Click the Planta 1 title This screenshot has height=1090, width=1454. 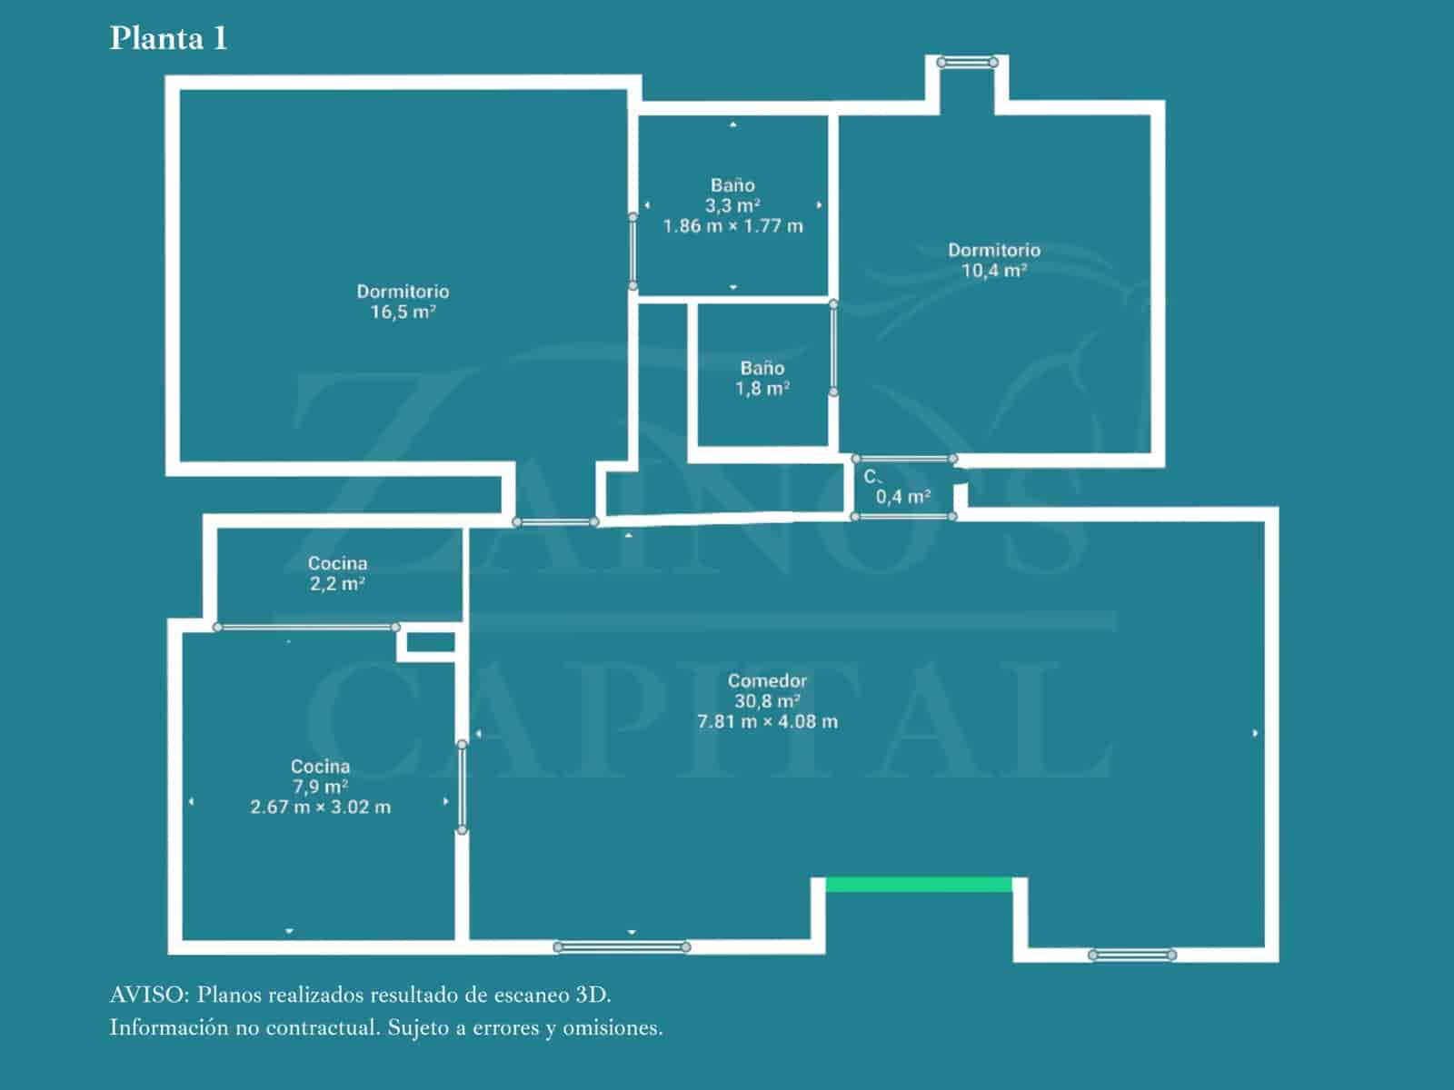[x=168, y=38]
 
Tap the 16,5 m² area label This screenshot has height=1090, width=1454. [x=403, y=312]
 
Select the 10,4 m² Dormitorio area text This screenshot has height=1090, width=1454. [x=994, y=271]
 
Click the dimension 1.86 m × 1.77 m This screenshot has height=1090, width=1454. [x=732, y=226]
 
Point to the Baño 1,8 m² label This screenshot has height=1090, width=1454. [x=762, y=379]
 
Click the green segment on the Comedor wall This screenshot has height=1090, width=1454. [x=919, y=885]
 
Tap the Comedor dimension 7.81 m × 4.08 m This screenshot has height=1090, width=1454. [x=767, y=722]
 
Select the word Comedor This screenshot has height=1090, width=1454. [x=767, y=680]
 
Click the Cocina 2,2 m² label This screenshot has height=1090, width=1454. [x=337, y=573]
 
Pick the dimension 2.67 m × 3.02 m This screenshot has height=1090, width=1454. [x=320, y=807]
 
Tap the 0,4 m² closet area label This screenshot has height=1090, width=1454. [x=902, y=497]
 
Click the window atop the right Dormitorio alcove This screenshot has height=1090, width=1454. [x=967, y=63]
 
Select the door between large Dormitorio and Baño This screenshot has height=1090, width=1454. [x=633, y=252]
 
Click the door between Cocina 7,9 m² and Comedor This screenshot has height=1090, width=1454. [x=462, y=787]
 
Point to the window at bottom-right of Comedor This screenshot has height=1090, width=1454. [x=1131, y=955]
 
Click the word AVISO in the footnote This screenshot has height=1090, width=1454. [x=148, y=995]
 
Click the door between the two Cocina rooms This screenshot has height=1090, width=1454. [x=306, y=627]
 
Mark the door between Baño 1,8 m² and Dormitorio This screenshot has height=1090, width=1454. [x=833, y=348]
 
